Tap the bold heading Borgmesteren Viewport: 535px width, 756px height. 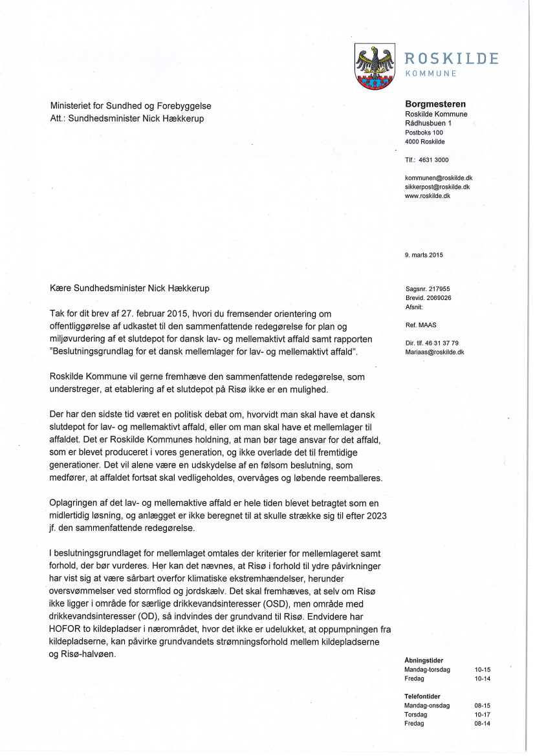click(435, 104)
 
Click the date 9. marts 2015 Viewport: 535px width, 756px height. click(424, 255)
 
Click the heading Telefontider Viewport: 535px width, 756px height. click(422, 697)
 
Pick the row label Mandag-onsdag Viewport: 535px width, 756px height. click(426, 706)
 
